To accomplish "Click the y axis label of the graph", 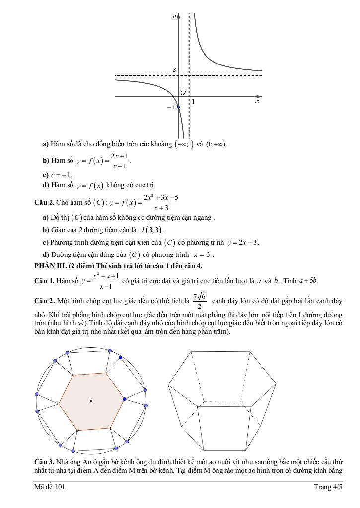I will click(174, 16).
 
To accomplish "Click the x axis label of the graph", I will click(257, 101).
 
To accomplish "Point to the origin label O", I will click(183, 92).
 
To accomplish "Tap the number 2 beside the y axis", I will click(174, 70).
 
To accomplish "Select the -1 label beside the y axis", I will click(171, 107).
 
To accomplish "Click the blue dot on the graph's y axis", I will click(179, 107).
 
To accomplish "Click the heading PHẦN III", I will click(52, 266).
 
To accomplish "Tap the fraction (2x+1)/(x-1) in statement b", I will click(119, 160).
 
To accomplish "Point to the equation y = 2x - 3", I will click(243, 243).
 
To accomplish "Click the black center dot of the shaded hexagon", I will click(91, 400).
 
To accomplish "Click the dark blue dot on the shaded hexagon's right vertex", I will click(124, 399).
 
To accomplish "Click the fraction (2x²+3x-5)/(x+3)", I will click(161, 203).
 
